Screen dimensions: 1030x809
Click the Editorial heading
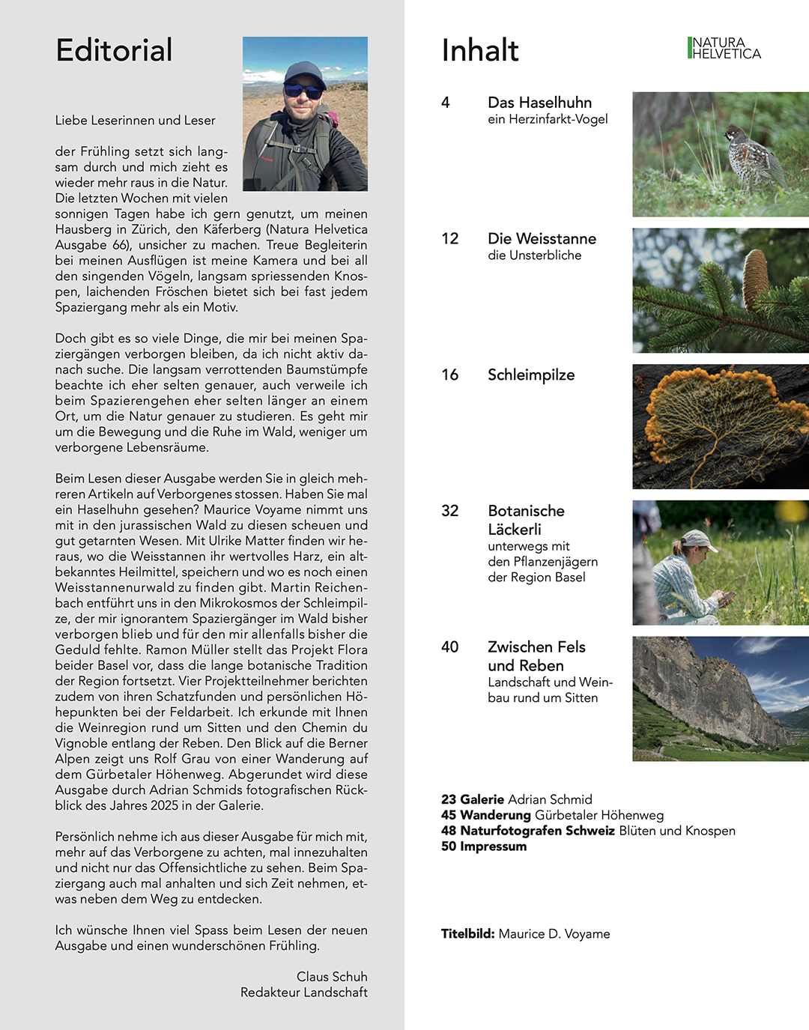[114, 51]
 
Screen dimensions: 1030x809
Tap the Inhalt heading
[479, 51]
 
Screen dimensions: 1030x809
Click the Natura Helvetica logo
[724, 48]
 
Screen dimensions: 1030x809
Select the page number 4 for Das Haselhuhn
[446, 103]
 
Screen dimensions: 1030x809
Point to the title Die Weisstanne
[542, 239]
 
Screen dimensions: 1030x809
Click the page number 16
[449, 375]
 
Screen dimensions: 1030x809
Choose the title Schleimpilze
[531, 375]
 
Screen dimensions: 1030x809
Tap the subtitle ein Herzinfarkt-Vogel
[548, 119]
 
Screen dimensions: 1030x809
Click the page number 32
[449, 511]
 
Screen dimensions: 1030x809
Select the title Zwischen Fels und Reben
[536, 656]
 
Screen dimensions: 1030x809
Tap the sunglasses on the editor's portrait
[303, 91]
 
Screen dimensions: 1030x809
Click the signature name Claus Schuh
[332, 977]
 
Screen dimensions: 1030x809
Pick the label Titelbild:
[467, 934]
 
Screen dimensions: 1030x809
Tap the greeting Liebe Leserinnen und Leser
[135, 121]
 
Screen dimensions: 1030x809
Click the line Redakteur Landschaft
[303, 993]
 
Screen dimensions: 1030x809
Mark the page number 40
[449, 647]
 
